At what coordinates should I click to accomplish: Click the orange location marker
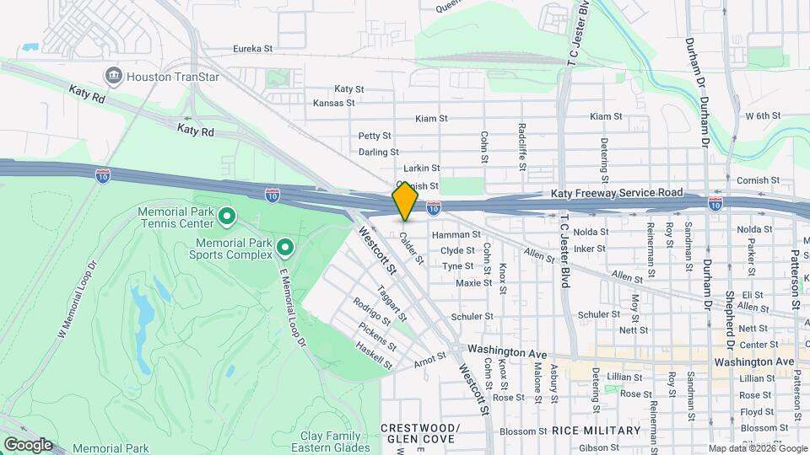coord(405,201)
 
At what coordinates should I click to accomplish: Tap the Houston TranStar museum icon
coord(112,76)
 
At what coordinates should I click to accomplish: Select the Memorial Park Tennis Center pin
coord(226,218)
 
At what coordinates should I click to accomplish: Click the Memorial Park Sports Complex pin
coord(285,248)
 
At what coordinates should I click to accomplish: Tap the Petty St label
coord(375,136)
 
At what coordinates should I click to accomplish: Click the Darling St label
coord(378,153)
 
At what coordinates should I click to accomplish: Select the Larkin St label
coord(422,169)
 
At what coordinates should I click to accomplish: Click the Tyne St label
coord(457,266)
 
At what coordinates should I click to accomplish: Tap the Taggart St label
coord(392,304)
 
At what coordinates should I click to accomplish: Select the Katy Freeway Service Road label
coord(617,193)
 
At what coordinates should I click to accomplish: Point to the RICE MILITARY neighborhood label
coord(597,431)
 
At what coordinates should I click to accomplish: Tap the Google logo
coord(28,444)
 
